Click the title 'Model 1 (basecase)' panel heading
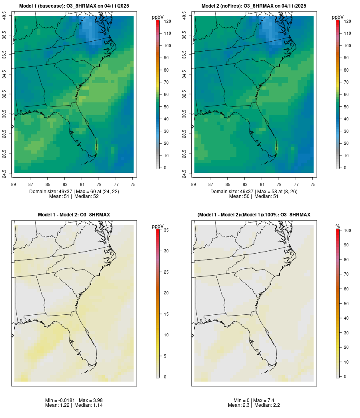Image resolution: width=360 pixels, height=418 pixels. coord(74,6)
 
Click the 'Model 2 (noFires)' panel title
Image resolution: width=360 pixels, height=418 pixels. coord(254,6)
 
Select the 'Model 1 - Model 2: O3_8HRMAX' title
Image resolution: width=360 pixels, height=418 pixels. coord(74,215)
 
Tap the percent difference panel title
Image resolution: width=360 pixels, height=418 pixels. coord(254,215)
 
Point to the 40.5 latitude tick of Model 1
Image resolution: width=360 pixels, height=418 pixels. coord(4,16)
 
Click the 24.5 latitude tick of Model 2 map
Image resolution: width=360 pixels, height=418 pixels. coord(184,173)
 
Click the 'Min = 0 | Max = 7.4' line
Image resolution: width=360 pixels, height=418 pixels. coord(254,400)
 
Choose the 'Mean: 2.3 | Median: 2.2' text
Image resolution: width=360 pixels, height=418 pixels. coord(254,405)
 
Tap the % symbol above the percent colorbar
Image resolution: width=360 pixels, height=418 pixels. coord(338,226)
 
